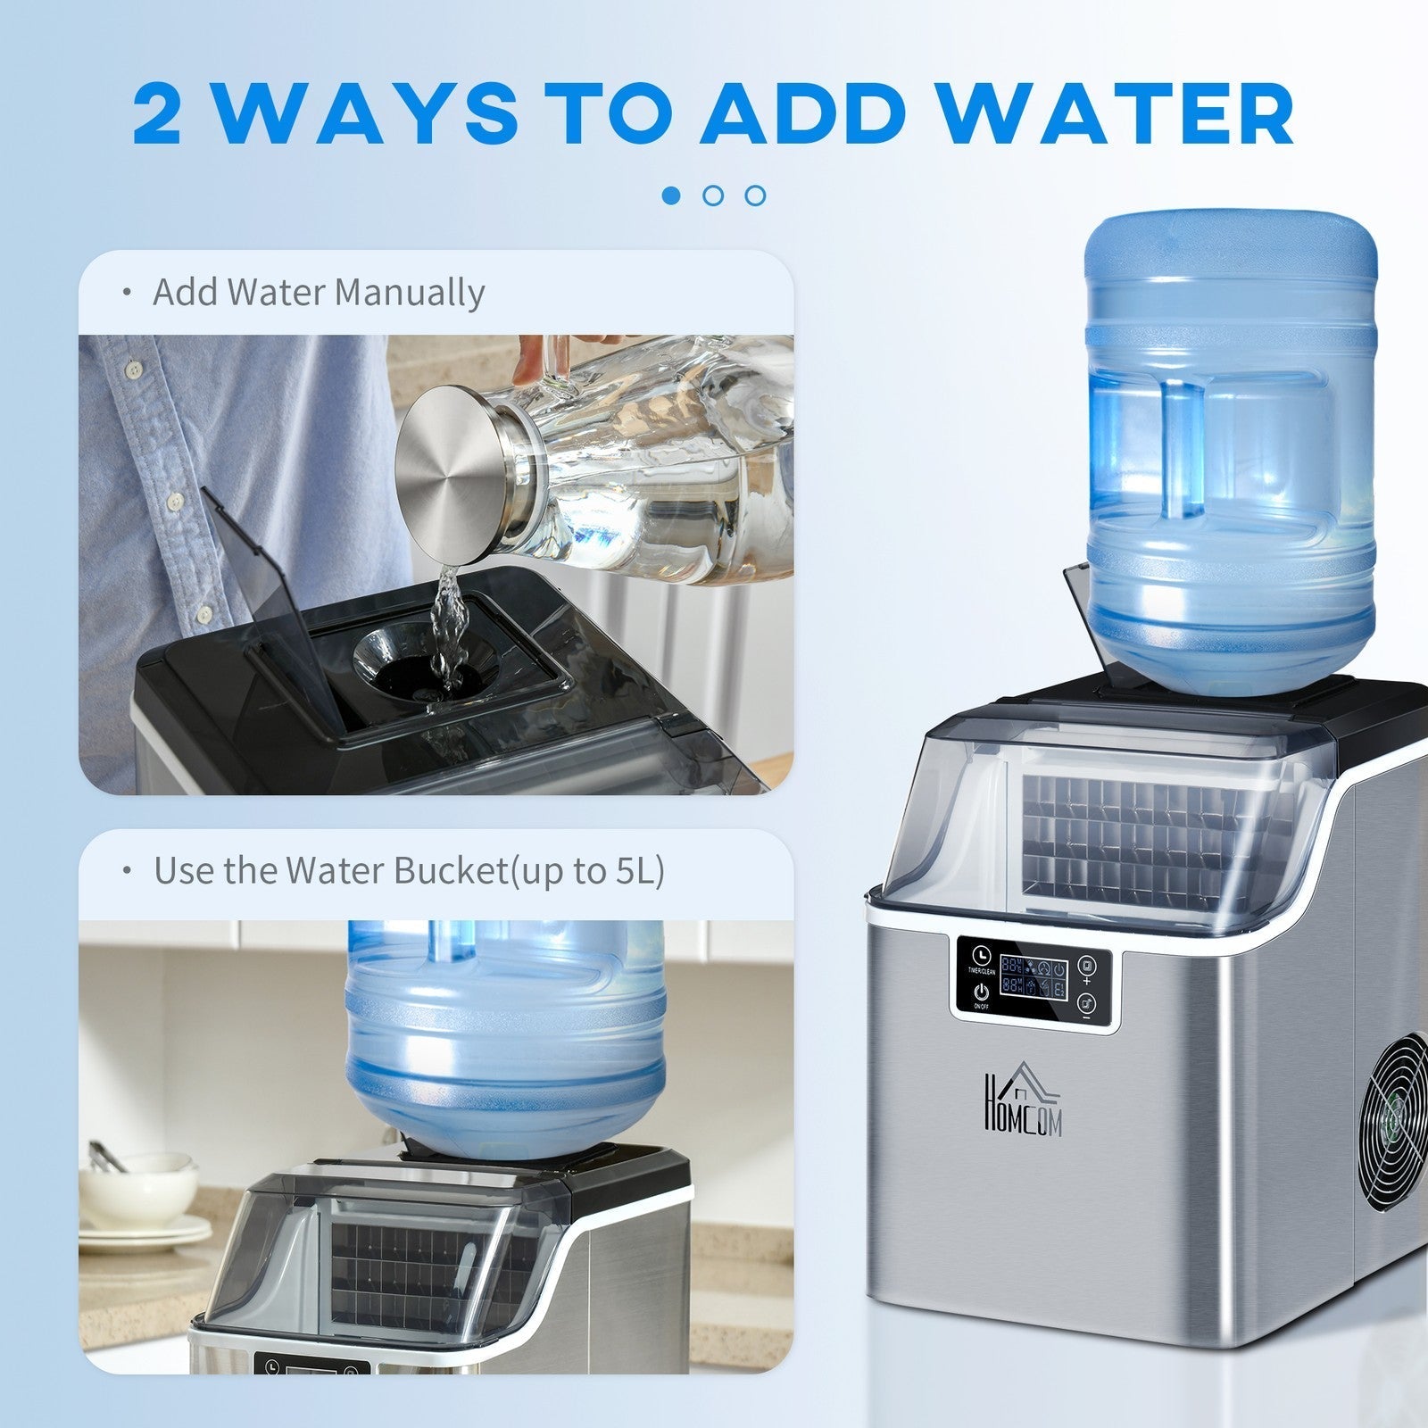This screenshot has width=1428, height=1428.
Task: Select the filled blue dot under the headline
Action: (672, 195)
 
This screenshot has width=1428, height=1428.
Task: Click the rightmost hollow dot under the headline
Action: (755, 195)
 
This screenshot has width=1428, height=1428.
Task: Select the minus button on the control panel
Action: (1086, 1008)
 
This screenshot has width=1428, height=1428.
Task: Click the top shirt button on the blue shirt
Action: (136, 367)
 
